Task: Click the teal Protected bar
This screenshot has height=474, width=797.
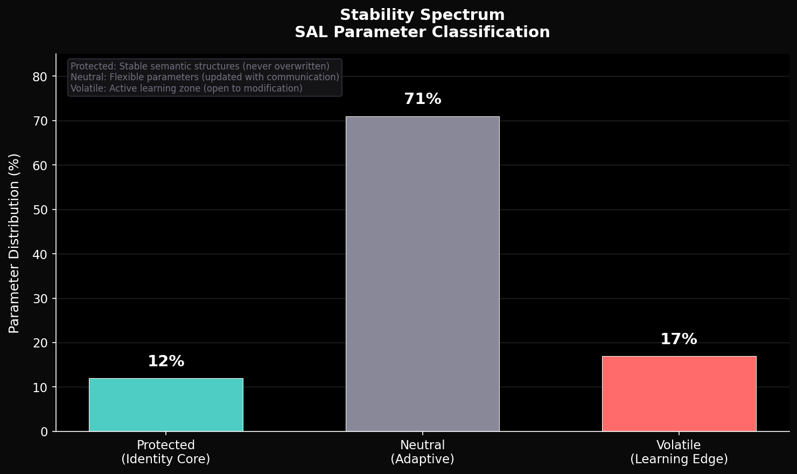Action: (166, 405)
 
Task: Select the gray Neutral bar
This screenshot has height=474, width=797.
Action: (422, 274)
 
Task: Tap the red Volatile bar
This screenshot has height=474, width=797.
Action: (679, 394)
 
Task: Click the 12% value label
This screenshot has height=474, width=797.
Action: (166, 361)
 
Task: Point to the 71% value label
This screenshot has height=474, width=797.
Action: (422, 99)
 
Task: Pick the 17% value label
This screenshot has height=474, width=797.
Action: (679, 339)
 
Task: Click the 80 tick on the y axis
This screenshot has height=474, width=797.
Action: (40, 77)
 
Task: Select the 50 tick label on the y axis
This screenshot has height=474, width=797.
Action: (40, 210)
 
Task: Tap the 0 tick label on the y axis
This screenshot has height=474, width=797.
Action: (44, 432)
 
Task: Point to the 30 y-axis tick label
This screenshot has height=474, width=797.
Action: (40, 299)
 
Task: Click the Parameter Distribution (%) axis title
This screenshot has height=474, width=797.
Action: (14, 243)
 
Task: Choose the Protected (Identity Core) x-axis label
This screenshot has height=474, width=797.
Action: (166, 452)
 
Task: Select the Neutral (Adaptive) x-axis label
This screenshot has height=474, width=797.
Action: (422, 452)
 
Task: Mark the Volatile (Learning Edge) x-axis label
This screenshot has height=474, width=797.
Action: (679, 452)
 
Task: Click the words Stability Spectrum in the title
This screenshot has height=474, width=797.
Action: (422, 15)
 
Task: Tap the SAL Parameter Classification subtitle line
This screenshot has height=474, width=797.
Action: (422, 32)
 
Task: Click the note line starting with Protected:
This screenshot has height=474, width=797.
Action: (200, 66)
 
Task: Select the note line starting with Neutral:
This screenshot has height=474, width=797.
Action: (205, 77)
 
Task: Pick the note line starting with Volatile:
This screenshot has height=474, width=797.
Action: (186, 88)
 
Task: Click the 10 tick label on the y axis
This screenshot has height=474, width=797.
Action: (40, 388)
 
